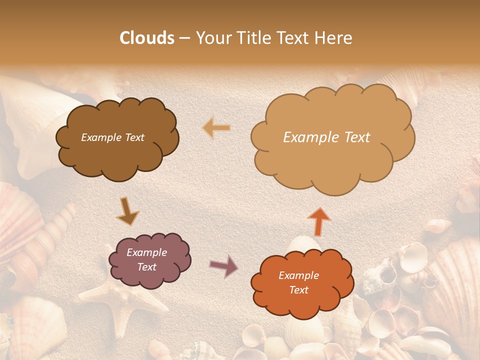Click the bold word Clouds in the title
147,38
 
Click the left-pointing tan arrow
216,128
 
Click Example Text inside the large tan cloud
326,137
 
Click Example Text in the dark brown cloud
112,137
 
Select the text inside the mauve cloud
146,259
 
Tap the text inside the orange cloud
298,282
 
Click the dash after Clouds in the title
184,38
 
